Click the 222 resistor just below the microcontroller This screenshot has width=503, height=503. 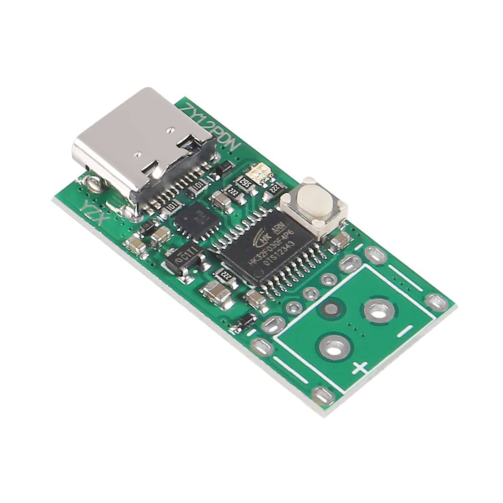coord(227,275)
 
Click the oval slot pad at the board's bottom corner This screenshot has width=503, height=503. coord(322,394)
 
